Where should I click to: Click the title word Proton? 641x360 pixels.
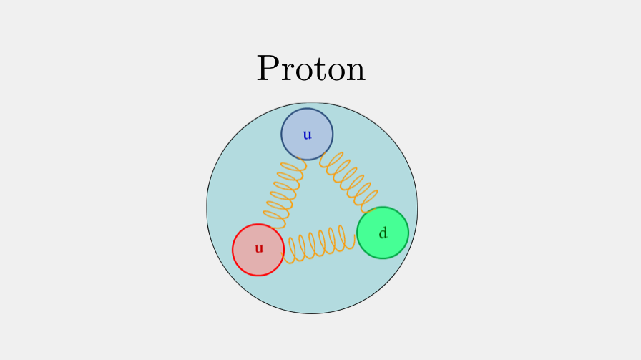point(311,69)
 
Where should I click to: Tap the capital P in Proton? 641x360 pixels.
point(268,69)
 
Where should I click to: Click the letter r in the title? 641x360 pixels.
point(288,72)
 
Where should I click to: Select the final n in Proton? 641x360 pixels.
point(354,72)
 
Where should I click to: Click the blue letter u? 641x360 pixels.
point(307,135)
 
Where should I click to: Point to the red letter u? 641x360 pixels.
point(259,249)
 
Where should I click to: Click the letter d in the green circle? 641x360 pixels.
point(383,233)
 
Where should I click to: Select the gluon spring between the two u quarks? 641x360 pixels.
point(285,192)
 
